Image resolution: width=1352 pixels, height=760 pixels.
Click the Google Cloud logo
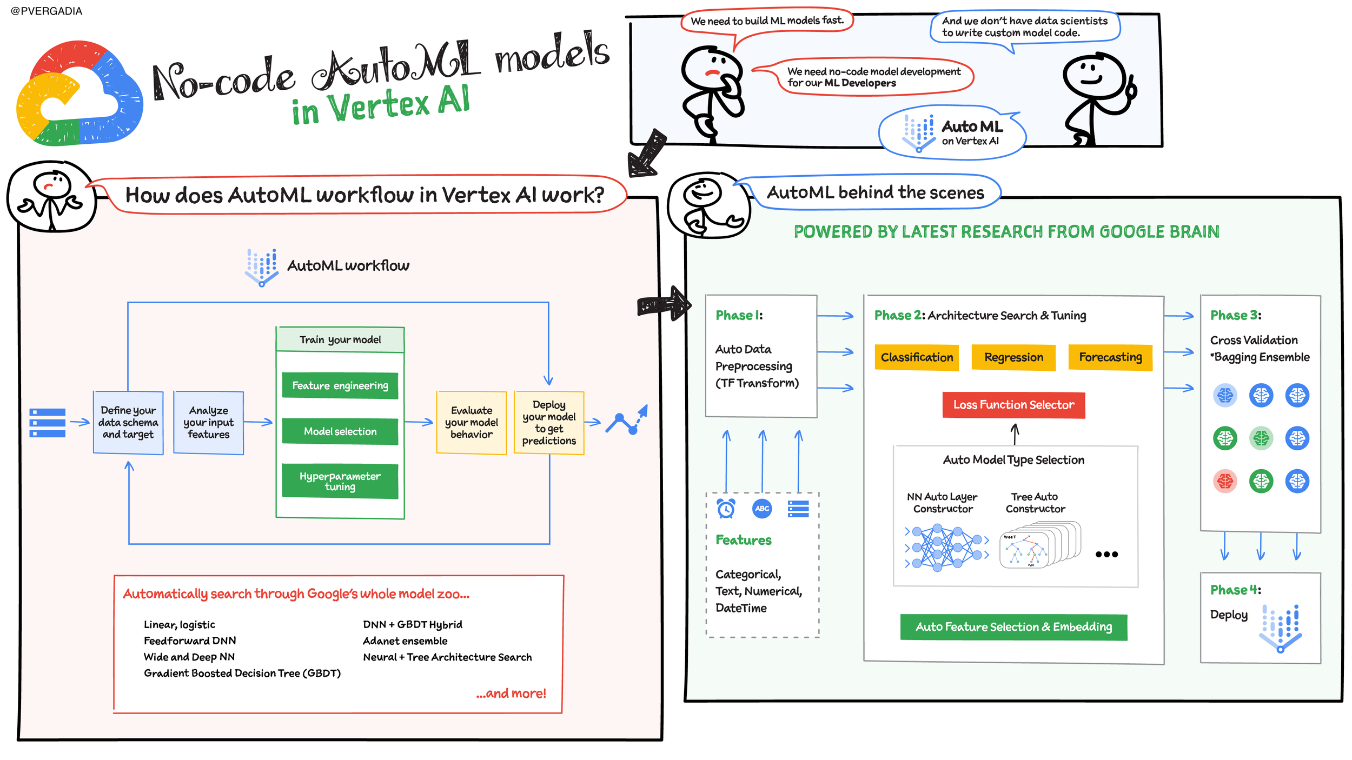[x=79, y=93]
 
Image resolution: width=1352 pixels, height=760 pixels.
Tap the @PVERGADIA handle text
[x=47, y=11]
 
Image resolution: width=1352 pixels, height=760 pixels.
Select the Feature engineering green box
[x=340, y=385]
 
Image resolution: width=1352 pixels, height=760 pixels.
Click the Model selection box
[x=340, y=431]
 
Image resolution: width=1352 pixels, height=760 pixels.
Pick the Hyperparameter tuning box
[x=340, y=481]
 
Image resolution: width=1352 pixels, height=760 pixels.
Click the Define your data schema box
[x=128, y=423]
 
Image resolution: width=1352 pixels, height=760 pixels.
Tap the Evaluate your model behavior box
[x=472, y=423]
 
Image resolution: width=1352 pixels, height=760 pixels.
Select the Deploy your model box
[x=549, y=423]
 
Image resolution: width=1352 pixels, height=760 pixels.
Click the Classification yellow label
[x=917, y=357]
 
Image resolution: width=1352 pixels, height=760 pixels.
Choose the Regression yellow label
[x=1013, y=357]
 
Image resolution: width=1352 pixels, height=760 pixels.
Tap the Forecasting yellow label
[x=1110, y=357]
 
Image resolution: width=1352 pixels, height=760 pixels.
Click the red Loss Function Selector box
[x=1013, y=405]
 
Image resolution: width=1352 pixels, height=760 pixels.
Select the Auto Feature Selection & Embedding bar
[x=1013, y=627]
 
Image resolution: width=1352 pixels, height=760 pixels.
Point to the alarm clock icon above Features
[x=726, y=508]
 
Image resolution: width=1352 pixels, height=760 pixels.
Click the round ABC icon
[x=762, y=508]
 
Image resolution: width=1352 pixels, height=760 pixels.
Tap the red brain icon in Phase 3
[x=1225, y=481]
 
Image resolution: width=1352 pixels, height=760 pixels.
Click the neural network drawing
[x=946, y=548]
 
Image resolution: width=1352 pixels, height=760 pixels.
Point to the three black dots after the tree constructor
[x=1106, y=554]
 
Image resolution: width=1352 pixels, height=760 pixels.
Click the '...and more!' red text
[x=511, y=694]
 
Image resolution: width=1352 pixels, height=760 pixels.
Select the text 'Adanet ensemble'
[x=405, y=641]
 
